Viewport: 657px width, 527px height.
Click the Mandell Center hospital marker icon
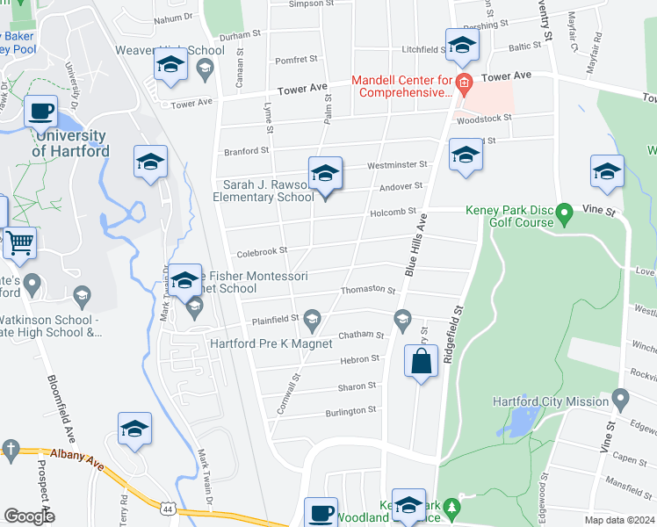[x=465, y=85]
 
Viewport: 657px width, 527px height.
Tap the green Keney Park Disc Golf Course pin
[x=565, y=211]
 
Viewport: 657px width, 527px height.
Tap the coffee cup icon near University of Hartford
[x=40, y=111]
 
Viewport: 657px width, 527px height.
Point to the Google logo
[x=28, y=516]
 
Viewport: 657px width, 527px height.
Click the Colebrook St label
[x=261, y=250]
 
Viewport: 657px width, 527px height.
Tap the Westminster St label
[x=397, y=164]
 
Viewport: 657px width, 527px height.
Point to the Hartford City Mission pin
[x=620, y=401]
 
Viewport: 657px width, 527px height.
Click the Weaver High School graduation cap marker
[x=170, y=64]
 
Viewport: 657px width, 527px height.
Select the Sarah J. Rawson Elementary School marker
[x=325, y=174]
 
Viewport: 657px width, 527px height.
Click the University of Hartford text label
[x=70, y=143]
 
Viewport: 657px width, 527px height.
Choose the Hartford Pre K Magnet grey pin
[x=313, y=317]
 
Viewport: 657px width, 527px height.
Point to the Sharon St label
[x=357, y=386]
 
